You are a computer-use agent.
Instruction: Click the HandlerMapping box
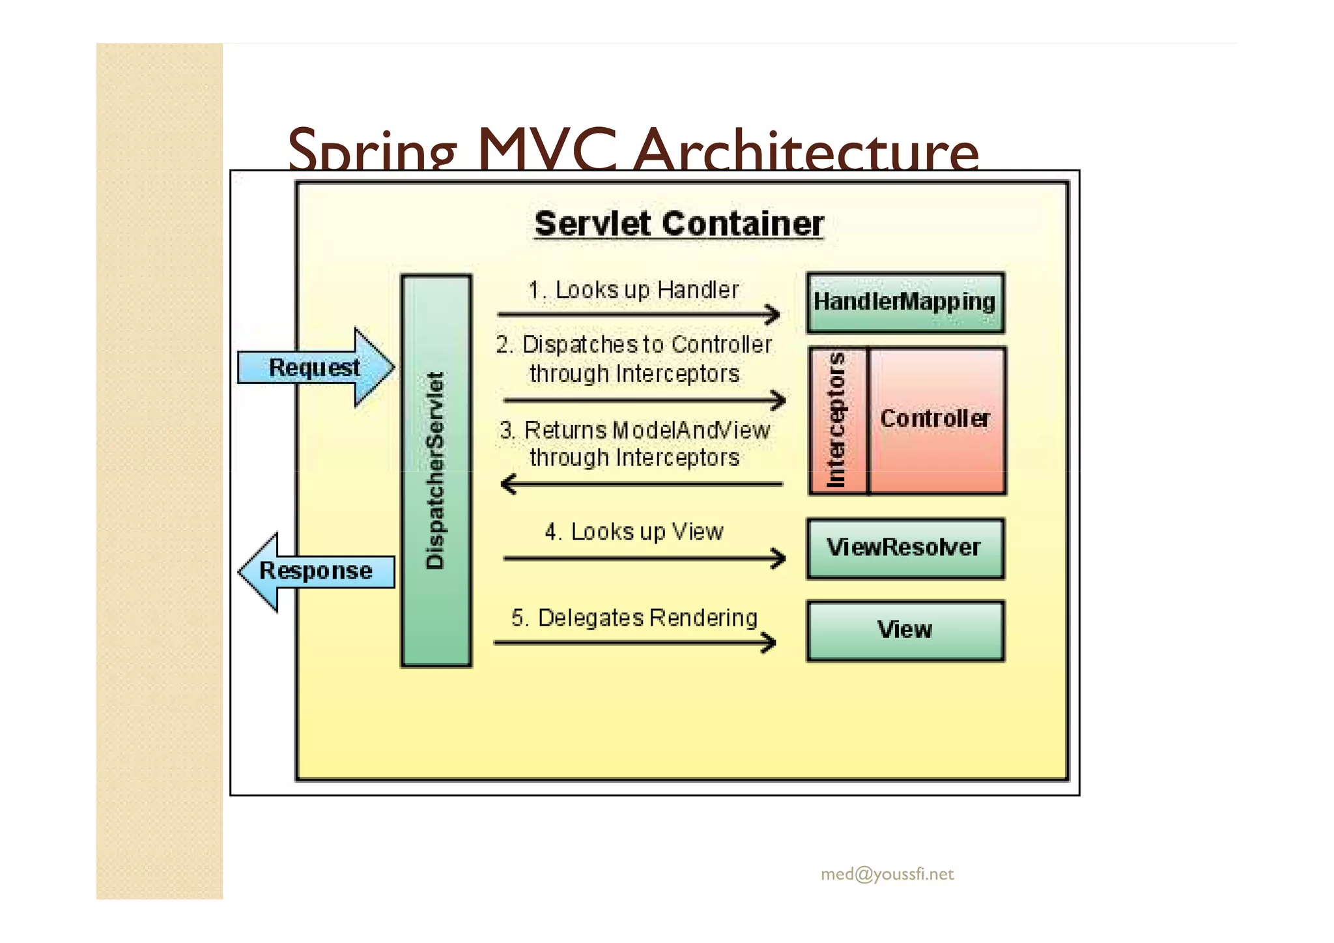pos(905,302)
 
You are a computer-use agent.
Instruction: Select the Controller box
pos(937,420)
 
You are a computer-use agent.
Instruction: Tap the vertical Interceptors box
pos(838,420)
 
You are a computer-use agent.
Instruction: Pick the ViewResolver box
pos(905,548)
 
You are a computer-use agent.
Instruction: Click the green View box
pos(905,630)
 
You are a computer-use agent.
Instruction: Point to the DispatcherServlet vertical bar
pos(436,471)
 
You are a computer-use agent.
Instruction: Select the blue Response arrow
pos(316,572)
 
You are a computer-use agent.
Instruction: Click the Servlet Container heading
pos(679,224)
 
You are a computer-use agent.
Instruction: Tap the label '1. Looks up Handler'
pos(634,290)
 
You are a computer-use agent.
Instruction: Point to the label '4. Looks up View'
pos(634,532)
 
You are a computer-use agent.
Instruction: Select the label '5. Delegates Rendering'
pos(634,618)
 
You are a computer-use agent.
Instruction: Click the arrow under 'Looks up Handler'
pos(638,315)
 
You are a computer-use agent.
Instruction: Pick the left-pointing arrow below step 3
pos(642,484)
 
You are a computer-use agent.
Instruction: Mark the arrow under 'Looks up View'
pos(644,559)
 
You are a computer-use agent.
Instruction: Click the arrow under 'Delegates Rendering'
pos(635,643)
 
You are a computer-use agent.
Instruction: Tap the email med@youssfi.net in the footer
pos(887,874)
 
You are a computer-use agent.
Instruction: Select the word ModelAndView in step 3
pos(691,430)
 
